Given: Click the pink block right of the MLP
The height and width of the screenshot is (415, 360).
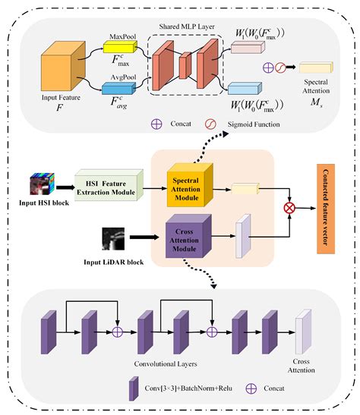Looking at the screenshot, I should coord(245,48).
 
